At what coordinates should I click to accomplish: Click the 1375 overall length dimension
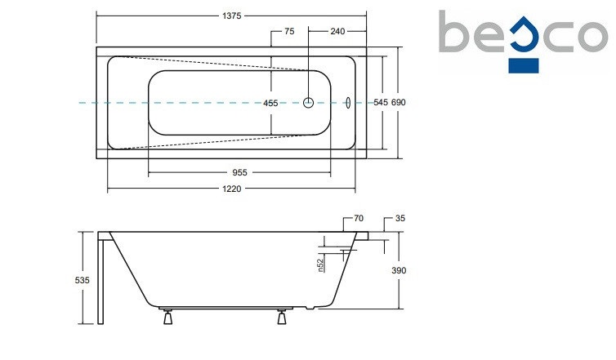pos(232,16)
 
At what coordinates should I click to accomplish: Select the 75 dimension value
pos(289,31)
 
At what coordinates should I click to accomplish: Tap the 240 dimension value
pos(337,31)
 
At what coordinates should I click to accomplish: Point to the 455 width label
pos(270,103)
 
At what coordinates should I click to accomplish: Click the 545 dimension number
pos(381,103)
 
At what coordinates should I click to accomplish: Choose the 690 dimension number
pos(399,103)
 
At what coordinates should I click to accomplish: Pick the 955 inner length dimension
pos(239,173)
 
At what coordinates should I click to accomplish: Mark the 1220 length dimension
pos(232,189)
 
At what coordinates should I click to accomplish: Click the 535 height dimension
pos(83,280)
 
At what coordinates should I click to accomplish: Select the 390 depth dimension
pos(399,270)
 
